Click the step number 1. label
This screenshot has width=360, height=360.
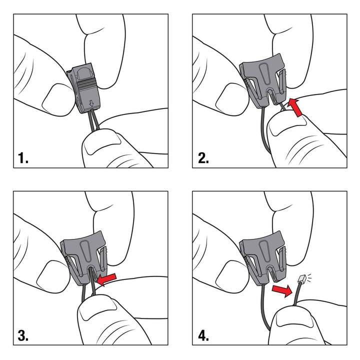coord(23,159)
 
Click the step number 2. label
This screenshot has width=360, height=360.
coord(203,159)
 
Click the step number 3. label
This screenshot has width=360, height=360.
coord(23,335)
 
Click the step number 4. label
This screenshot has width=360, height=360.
coord(203,335)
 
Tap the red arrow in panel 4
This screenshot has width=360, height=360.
coord(281,290)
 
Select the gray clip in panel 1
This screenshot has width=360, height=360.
coord(85,87)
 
